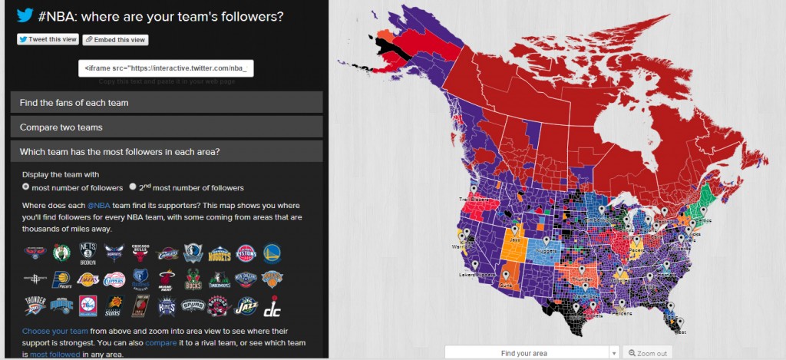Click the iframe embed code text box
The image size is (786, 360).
click(x=166, y=68)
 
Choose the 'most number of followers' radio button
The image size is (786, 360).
click(x=26, y=187)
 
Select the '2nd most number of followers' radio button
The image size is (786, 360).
click(x=133, y=187)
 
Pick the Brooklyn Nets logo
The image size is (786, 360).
click(x=88, y=253)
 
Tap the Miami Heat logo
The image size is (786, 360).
click(x=167, y=280)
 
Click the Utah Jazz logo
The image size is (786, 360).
click(x=246, y=308)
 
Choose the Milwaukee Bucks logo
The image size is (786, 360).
click(x=193, y=280)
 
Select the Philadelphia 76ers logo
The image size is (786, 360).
click(x=88, y=308)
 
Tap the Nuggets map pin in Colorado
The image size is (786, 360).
click(x=547, y=242)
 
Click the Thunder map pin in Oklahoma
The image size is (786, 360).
click(x=582, y=270)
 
